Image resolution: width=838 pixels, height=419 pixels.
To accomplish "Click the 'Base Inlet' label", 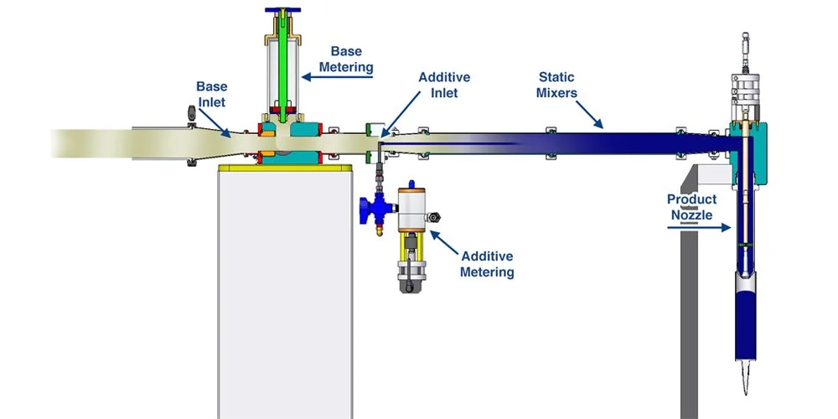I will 211,93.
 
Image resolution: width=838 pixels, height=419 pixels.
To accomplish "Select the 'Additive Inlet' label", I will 444,85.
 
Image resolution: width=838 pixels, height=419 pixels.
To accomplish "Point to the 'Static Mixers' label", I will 557,85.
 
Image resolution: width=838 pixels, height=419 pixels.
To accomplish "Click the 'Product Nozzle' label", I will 691,207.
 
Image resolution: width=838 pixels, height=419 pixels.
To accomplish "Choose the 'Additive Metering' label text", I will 487,264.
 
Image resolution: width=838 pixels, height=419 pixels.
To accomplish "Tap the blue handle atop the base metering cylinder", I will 284,10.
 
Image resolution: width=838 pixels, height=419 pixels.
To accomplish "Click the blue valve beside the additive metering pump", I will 370,205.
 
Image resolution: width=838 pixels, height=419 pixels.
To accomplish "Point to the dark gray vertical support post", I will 687,318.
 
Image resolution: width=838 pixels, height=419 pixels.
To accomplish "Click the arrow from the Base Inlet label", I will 224,125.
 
